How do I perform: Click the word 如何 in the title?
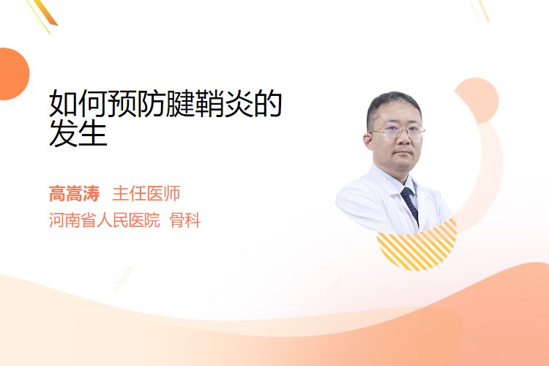tap(78, 103)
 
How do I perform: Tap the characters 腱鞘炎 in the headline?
tap(209, 103)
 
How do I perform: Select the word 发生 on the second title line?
tap(78, 133)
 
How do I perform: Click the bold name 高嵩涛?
tap(74, 194)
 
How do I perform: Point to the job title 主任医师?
tap(146, 194)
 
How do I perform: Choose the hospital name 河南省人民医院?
tap(105, 220)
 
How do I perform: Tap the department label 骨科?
tap(185, 220)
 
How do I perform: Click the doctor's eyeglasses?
tap(397, 132)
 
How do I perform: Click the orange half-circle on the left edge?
tap(13, 74)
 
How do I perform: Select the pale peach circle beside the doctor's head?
tap(478, 100)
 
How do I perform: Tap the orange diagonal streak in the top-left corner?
tap(45, 13)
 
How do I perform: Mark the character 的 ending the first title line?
tap(268, 103)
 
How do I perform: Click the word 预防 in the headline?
tap(136, 103)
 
